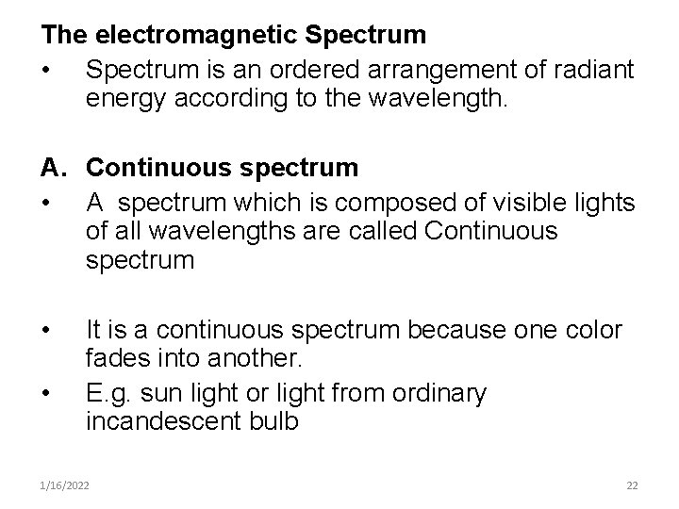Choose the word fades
point(118,360)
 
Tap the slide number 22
point(632,485)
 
